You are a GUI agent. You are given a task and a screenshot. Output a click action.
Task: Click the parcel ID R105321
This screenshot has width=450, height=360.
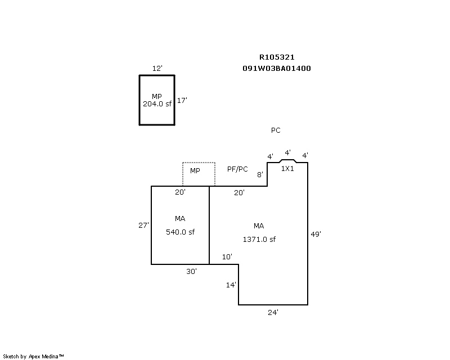click(x=277, y=57)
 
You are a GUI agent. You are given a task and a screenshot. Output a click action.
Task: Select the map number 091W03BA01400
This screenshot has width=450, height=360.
click(x=277, y=68)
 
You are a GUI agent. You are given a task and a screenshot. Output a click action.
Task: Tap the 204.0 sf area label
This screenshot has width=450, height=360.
click(x=157, y=104)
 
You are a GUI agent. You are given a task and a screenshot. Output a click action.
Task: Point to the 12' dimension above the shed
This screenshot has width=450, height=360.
click(x=157, y=68)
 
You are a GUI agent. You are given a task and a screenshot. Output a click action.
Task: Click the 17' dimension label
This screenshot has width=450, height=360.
click(x=182, y=101)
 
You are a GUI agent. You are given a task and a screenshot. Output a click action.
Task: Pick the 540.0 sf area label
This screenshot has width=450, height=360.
click(x=180, y=232)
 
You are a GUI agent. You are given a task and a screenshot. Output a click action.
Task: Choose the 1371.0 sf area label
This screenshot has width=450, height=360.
click(x=259, y=240)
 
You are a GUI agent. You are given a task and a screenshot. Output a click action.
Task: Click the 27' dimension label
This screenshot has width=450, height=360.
click(x=143, y=226)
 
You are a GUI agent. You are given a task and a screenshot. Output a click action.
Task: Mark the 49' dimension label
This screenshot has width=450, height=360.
click(x=316, y=234)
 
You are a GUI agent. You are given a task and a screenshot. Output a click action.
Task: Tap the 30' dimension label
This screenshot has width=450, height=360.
click(x=191, y=271)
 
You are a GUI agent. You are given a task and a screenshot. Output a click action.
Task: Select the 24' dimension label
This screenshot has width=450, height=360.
click(x=273, y=312)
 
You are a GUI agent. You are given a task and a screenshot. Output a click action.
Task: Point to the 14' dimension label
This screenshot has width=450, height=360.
click(x=231, y=285)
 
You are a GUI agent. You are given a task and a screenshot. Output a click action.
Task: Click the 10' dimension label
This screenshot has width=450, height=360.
click(x=227, y=256)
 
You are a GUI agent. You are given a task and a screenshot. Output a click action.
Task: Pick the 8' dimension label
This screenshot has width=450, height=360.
click(x=260, y=174)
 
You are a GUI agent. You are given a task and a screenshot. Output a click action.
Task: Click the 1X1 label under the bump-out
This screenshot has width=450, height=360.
click(x=287, y=169)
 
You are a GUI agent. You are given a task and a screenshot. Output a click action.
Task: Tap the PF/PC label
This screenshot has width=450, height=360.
click(x=237, y=169)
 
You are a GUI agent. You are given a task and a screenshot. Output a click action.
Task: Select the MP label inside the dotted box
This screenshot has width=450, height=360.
click(x=195, y=171)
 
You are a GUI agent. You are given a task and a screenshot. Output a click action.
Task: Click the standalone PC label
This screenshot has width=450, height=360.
click(x=276, y=130)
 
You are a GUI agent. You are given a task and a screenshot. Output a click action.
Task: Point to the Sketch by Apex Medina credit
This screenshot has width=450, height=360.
click(x=33, y=357)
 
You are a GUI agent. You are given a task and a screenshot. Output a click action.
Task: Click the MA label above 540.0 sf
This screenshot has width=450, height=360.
click(x=180, y=219)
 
